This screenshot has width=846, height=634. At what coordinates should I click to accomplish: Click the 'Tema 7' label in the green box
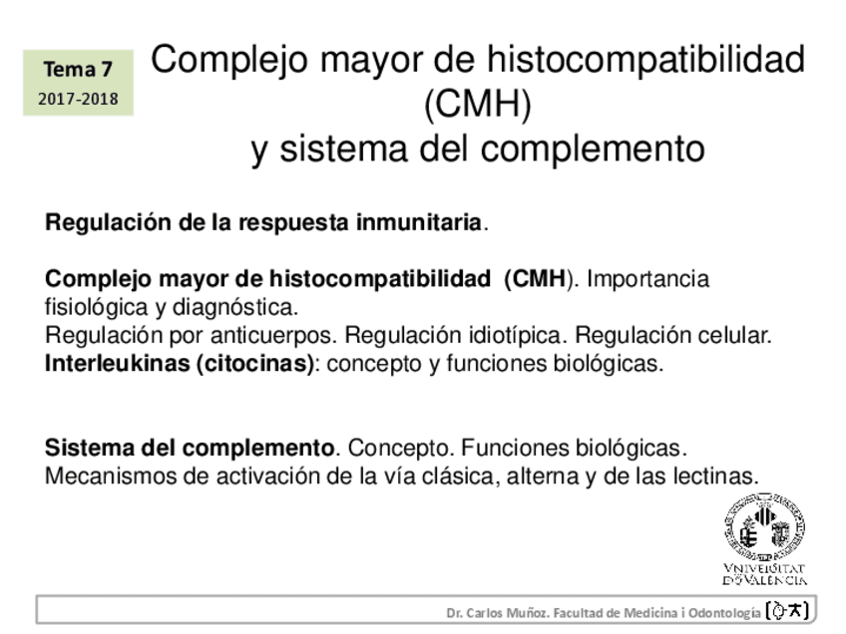click(x=78, y=69)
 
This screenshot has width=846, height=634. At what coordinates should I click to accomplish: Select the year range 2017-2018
click(x=78, y=99)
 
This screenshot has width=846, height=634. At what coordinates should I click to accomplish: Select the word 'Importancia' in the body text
click(x=647, y=279)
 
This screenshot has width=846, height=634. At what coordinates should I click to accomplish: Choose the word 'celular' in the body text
click(x=732, y=335)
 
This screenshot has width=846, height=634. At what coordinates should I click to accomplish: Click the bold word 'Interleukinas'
click(x=119, y=363)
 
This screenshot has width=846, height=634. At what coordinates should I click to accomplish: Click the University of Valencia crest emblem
click(x=765, y=529)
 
